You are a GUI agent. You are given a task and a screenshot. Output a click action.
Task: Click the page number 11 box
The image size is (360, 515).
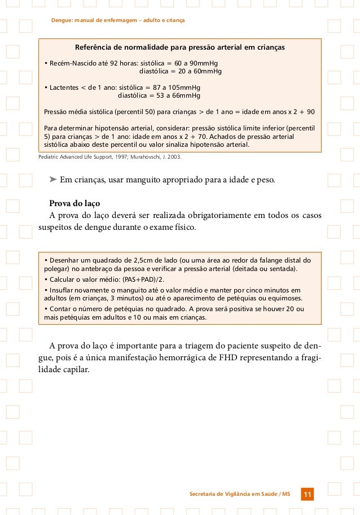307,495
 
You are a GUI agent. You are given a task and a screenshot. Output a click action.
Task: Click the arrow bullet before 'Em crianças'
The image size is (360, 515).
53,181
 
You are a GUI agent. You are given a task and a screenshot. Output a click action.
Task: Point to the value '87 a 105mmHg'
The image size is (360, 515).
172,88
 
